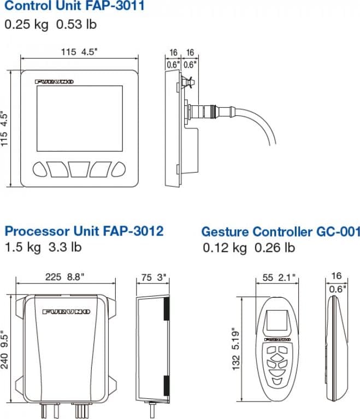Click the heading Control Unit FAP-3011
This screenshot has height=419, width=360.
click(74, 5)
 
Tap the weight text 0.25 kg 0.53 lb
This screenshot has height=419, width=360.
click(50, 25)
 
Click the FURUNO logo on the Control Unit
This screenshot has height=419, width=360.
click(54, 82)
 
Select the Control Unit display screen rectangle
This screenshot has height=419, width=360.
click(80, 119)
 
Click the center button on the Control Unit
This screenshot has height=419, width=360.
click(79, 169)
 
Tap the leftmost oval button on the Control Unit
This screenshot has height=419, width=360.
click(40, 169)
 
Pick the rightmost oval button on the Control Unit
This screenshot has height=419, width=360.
click(119, 169)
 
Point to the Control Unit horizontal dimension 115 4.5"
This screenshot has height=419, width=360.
click(79, 51)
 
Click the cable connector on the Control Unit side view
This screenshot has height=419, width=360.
click(211, 110)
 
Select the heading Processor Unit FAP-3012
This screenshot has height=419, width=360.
click(84, 231)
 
